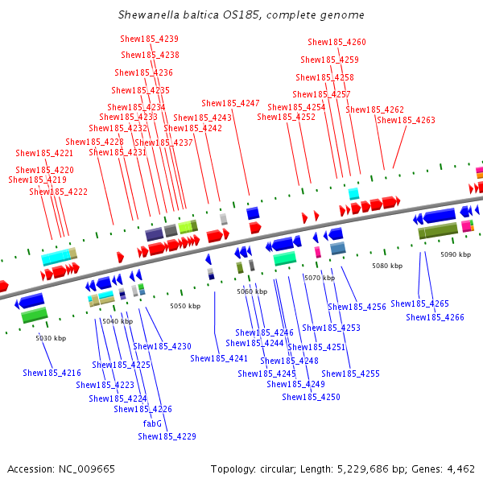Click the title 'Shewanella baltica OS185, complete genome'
(x=241, y=15)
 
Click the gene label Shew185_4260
(x=336, y=43)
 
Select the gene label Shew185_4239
(x=150, y=39)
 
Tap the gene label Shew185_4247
(x=230, y=104)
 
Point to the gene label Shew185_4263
(x=406, y=121)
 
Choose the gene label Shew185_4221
(x=44, y=154)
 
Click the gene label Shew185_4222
(x=59, y=192)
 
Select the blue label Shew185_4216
(x=52, y=374)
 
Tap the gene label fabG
(x=152, y=423)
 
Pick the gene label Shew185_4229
(x=167, y=437)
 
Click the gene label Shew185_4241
(x=219, y=359)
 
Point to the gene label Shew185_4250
(x=311, y=398)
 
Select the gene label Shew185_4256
(x=357, y=308)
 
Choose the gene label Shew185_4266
(x=435, y=318)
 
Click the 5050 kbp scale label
(x=185, y=307)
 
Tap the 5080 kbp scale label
(x=387, y=266)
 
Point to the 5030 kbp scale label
(x=51, y=338)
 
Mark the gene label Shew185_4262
(x=375, y=110)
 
